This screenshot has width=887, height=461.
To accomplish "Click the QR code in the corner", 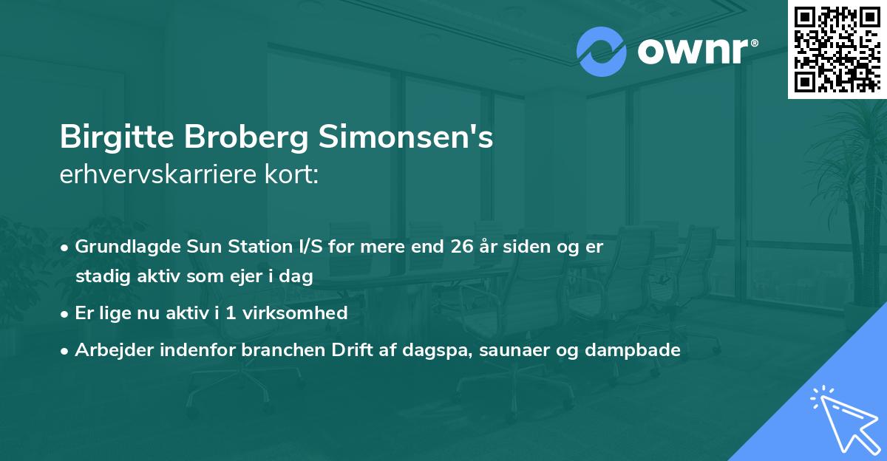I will coord(837,49).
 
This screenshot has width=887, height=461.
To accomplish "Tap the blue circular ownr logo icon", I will coord(601,52).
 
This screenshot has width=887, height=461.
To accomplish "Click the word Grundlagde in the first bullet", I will coord(122,247).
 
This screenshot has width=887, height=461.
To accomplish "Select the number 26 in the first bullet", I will coord(461,247).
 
